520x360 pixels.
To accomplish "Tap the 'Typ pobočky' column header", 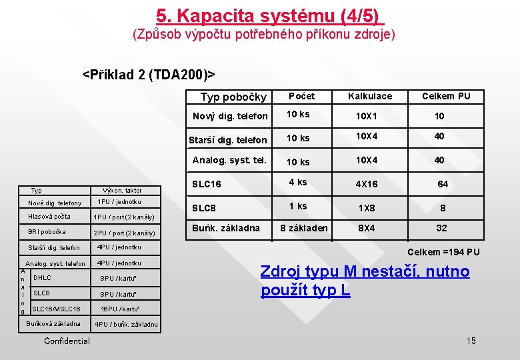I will point(233,97).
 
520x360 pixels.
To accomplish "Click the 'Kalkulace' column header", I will point(370,96).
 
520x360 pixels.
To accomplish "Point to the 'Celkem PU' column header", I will point(446,96).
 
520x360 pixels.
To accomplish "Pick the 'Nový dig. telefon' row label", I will point(230,117).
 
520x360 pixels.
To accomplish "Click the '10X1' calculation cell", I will point(366,117).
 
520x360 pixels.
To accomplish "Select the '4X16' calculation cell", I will point(366,184).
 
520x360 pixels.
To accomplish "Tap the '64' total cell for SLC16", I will point(443,184).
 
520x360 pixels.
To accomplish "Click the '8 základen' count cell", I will point(303,228).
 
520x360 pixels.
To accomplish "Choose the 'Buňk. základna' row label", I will point(226,228).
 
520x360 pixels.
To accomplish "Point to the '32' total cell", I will point(441,228).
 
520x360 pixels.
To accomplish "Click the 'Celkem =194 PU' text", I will point(443,252).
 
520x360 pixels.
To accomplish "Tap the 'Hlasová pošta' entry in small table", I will point(49,217).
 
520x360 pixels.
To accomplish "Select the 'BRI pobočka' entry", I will point(47,232).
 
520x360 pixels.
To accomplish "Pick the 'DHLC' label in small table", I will point(42,277).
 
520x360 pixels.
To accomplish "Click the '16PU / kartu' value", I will point(120,309).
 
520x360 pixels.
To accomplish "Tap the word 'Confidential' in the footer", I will point(67,341).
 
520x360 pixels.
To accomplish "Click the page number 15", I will point(471,341).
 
